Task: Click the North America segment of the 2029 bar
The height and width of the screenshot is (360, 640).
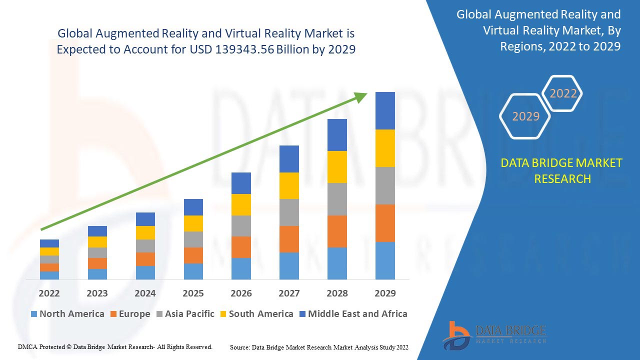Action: pos(385,260)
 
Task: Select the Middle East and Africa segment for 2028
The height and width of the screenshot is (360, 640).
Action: pos(337,135)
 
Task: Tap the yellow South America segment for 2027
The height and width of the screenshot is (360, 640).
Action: pos(289,185)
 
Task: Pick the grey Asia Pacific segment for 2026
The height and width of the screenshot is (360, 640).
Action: pos(241,226)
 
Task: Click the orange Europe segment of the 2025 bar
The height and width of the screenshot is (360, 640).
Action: pos(193,255)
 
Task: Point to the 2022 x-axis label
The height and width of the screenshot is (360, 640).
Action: pos(49,293)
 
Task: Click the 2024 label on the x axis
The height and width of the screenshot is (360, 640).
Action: pos(145,293)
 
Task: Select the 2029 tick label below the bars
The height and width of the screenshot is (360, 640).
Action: pos(385,293)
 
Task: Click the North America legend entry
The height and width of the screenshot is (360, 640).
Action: pos(67,314)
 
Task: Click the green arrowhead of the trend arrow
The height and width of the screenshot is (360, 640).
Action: pos(360,96)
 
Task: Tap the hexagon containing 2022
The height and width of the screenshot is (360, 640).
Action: pos(563,93)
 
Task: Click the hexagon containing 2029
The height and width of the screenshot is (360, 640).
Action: pos(525,116)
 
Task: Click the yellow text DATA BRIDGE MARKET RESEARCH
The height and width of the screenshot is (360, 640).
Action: pos(562,170)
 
